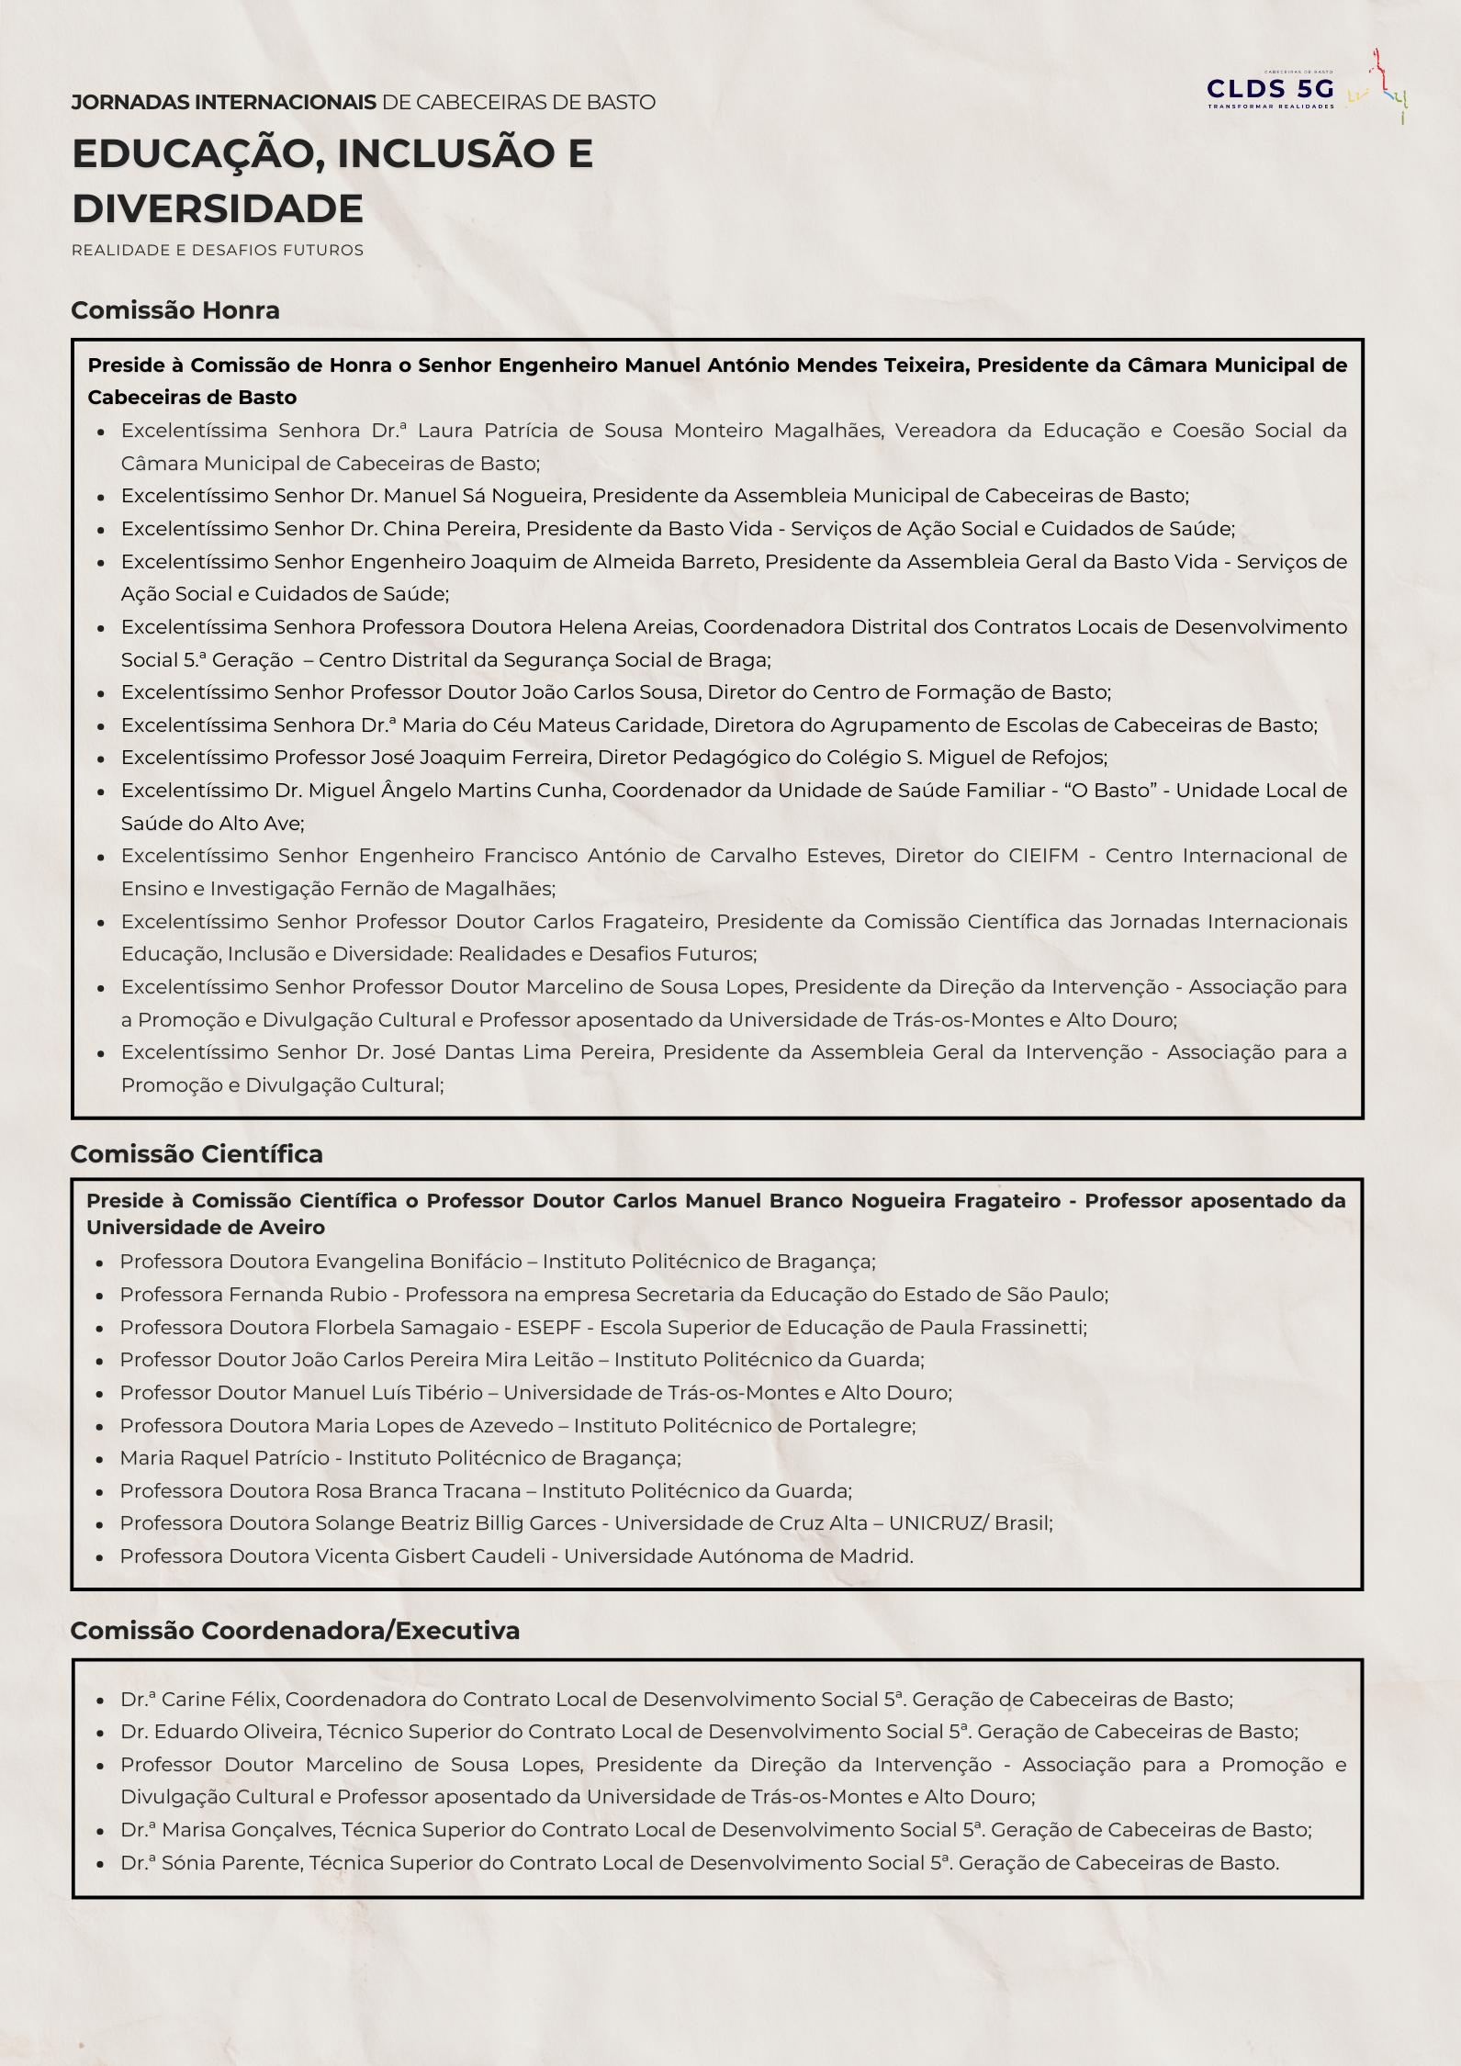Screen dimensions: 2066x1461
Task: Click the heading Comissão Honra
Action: pos(175,310)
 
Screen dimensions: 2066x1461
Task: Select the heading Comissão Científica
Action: pos(197,1154)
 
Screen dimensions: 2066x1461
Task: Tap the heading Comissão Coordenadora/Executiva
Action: pos(295,1631)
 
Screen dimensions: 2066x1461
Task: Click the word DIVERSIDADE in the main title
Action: pos(218,208)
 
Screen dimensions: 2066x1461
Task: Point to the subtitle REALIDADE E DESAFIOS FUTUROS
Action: pos(218,251)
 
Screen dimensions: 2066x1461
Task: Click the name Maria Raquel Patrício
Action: pos(224,1458)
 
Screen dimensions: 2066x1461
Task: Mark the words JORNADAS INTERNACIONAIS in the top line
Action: pos(223,103)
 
